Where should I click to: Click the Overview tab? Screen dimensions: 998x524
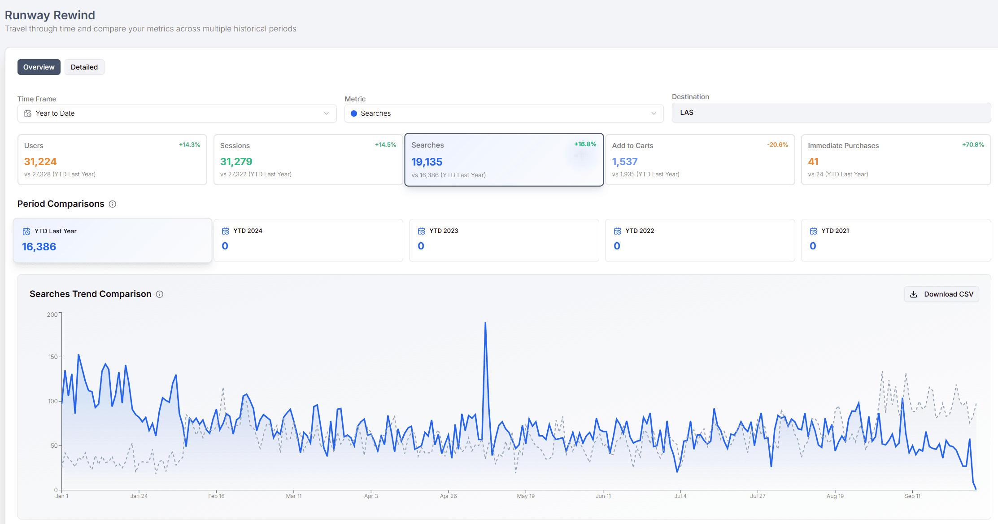click(39, 67)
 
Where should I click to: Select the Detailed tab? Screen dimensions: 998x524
click(84, 67)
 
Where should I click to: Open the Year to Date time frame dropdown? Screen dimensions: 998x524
click(177, 114)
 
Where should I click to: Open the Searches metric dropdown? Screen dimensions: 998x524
click(504, 114)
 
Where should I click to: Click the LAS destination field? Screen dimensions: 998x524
click(831, 113)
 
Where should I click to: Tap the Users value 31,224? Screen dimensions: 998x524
click(40, 162)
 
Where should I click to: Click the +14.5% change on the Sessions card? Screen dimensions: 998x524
click(386, 144)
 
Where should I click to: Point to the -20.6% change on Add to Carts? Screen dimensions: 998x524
click(777, 144)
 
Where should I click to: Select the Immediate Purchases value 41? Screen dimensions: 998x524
click(813, 162)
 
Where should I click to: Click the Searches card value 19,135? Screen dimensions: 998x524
click(427, 162)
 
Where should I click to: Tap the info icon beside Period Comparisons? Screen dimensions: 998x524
click(113, 204)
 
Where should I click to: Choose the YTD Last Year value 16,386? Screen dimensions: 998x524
click(39, 247)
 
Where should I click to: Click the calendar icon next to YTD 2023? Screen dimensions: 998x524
click(422, 231)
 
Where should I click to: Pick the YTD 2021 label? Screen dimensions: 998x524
click(835, 231)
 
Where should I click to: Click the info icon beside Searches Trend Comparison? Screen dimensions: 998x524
click(160, 294)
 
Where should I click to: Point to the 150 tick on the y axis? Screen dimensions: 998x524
click(53, 357)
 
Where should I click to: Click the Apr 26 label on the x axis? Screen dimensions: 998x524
click(448, 496)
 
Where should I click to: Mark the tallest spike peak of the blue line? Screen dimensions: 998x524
click(485, 323)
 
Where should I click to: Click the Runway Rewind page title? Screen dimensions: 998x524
click(50, 15)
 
